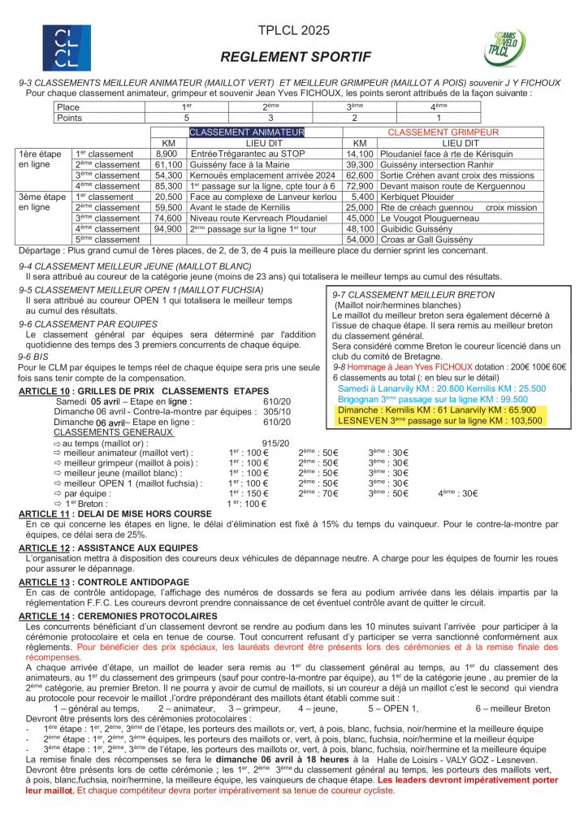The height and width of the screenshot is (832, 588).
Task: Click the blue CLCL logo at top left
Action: click(67, 48)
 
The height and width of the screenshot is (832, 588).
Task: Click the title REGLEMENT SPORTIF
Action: click(296, 57)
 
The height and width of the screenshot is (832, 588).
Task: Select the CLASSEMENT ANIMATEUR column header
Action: click(247, 132)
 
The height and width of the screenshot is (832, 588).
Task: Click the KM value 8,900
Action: click(166, 154)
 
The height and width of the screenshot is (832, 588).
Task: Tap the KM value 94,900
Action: click(168, 229)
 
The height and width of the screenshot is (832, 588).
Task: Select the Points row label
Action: click(70, 118)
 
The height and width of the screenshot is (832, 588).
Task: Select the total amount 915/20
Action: click(276, 443)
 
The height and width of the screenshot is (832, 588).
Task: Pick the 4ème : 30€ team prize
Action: click(458, 493)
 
